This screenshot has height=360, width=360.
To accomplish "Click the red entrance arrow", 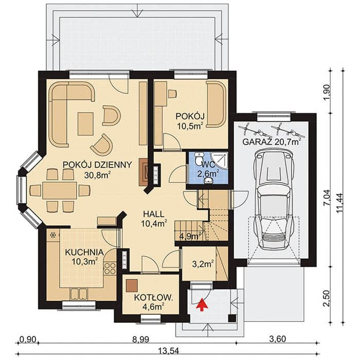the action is click(202, 304).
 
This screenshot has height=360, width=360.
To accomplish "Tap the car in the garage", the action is click(274, 200).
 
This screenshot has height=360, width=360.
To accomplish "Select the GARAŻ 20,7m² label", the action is click(272, 141).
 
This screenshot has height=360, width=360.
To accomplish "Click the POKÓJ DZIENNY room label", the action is click(97, 165).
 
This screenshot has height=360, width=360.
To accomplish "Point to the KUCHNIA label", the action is click(84, 253).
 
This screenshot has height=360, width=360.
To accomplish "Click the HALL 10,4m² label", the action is click(154, 219).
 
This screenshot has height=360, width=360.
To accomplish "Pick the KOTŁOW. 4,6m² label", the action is click(153, 302).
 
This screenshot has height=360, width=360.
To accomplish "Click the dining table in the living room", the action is click(60, 191).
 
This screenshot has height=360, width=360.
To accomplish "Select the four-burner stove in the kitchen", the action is click(110, 268).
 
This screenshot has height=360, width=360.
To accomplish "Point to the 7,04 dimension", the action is click(327, 197).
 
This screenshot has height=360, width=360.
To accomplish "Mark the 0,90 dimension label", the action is click(28, 339).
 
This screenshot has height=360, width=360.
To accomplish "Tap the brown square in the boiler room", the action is click(132, 285).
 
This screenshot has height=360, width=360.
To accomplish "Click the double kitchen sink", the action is click(79, 294).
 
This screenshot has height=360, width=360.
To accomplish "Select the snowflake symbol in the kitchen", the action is click(53, 235).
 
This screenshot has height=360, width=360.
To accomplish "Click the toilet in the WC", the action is click(199, 158).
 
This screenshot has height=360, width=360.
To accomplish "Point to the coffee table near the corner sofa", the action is click(85, 124).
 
